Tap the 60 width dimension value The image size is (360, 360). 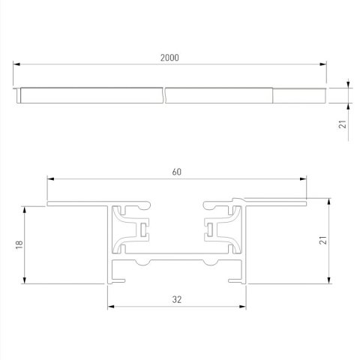pos(177,172)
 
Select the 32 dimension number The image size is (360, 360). pos(177,298)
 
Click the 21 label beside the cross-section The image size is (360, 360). pos(343,240)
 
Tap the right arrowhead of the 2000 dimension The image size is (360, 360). pos(325,65)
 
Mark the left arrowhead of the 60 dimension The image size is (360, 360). pos(50,179)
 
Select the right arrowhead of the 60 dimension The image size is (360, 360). pos(304,179)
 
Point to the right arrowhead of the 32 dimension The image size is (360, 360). pos(243,307)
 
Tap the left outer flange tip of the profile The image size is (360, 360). pos(49,202)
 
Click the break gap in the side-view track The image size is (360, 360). pos(164,95)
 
